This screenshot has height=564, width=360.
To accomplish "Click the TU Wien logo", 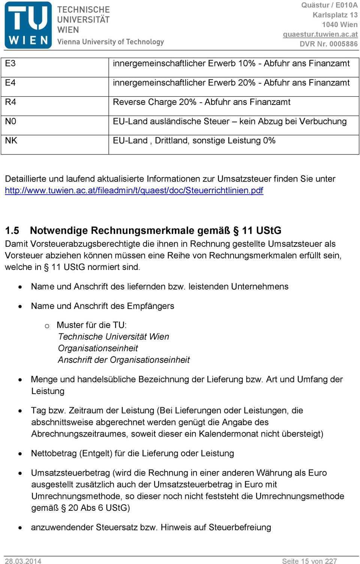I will (x=28, y=25).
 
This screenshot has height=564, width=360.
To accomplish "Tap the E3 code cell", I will (x=10, y=63).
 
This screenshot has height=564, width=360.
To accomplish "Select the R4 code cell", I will (x=10, y=102).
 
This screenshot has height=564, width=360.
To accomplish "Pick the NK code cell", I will (x=11, y=141).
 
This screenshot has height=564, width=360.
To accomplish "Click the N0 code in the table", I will (x=10, y=121).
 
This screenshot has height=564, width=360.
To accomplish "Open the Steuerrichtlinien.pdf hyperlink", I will (x=134, y=190).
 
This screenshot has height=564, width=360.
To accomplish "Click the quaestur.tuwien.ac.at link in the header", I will (x=320, y=34).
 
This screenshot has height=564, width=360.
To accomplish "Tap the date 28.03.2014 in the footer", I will (x=23, y=561).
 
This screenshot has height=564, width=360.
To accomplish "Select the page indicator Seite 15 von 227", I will (x=309, y=561).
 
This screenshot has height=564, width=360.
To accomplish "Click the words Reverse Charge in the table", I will (x=144, y=102).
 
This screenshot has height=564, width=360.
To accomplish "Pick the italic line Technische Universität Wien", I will (x=113, y=337).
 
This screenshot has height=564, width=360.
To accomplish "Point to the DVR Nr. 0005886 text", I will (x=328, y=44).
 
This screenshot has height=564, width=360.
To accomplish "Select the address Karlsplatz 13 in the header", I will (x=335, y=15).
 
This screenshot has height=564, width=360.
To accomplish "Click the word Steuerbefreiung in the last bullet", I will (x=240, y=527).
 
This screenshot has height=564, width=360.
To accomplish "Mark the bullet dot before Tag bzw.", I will (x=20, y=411).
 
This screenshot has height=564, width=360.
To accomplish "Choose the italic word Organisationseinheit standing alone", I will (x=98, y=348).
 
